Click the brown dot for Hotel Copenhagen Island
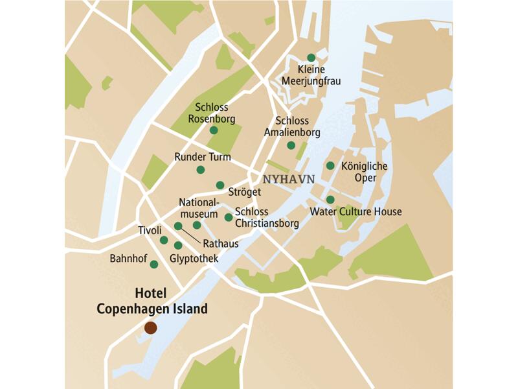pyautogui.click(x=150, y=328)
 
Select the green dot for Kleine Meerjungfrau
pyautogui.click(x=311, y=57)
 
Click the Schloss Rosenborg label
pyautogui.click(x=211, y=113)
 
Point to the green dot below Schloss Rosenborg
pyautogui.click(x=214, y=130)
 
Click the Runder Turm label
pyautogui.click(x=203, y=157)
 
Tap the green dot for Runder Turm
pyautogui.click(x=201, y=170)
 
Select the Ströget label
pyautogui.click(x=245, y=192)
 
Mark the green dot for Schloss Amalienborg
pyautogui.click(x=291, y=145)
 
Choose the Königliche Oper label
pyautogui.click(x=364, y=172)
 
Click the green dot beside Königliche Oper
pyautogui.click(x=330, y=165)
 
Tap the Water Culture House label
pyautogui.click(x=356, y=212)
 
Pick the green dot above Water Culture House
pyautogui.click(x=330, y=200)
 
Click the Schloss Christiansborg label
pyautogui.click(x=266, y=218)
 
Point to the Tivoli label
pyautogui.click(x=150, y=230)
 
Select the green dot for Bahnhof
pyautogui.click(x=154, y=264)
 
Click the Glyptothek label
pyautogui.click(x=193, y=259)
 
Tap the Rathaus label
pyautogui.click(x=221, y=244)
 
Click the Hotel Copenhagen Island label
pyautogui.click(x=152, y=301)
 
